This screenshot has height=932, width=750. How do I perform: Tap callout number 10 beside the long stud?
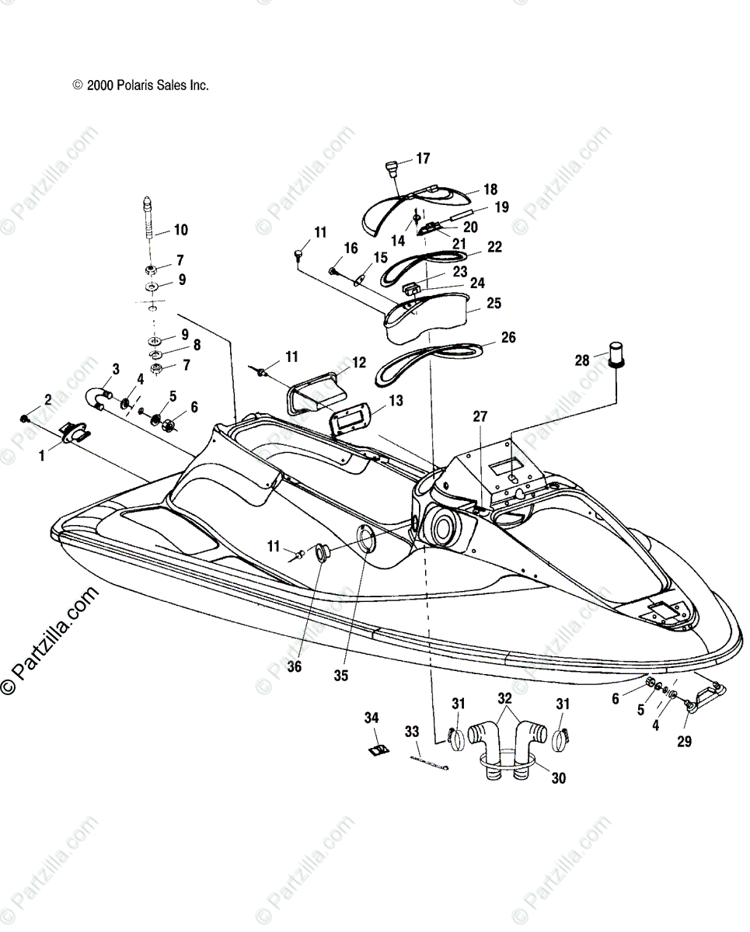[180, 230]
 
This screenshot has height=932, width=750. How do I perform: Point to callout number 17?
[422, 158]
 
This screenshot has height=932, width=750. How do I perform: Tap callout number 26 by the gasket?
[508, 338]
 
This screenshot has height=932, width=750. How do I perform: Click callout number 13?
[396, 401]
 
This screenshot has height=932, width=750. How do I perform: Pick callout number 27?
[480, 417]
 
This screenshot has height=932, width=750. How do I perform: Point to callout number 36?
[294, 666]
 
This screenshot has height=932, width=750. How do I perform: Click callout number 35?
[340, 675]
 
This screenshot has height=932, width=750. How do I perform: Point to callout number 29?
[683, 741]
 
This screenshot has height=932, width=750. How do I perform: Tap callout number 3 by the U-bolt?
[115, 369]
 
